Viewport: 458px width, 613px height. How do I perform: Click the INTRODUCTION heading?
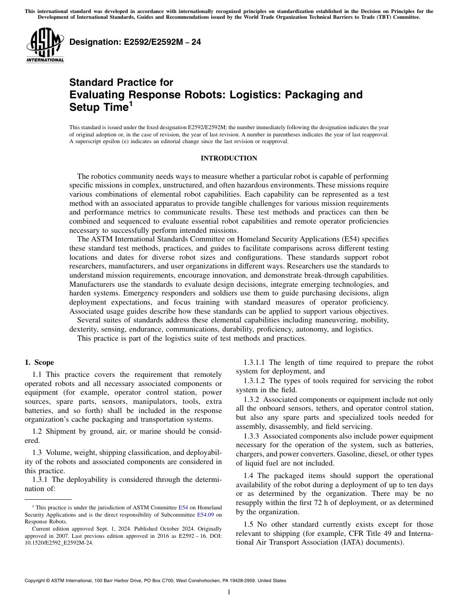coord(229,159)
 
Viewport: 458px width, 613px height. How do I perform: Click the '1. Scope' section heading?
coord(39,362)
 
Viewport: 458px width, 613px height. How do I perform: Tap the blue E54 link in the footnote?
coord(183,507)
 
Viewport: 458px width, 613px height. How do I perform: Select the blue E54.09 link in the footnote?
coord(206,514)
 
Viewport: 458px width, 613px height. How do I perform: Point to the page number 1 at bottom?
coord(229,592)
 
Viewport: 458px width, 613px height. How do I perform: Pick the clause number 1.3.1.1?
coord(254,362)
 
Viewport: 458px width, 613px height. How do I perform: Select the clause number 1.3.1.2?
coord(254,381)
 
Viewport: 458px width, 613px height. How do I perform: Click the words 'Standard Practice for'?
coord(121,82)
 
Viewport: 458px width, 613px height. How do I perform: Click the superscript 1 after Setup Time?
coord(130,104)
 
